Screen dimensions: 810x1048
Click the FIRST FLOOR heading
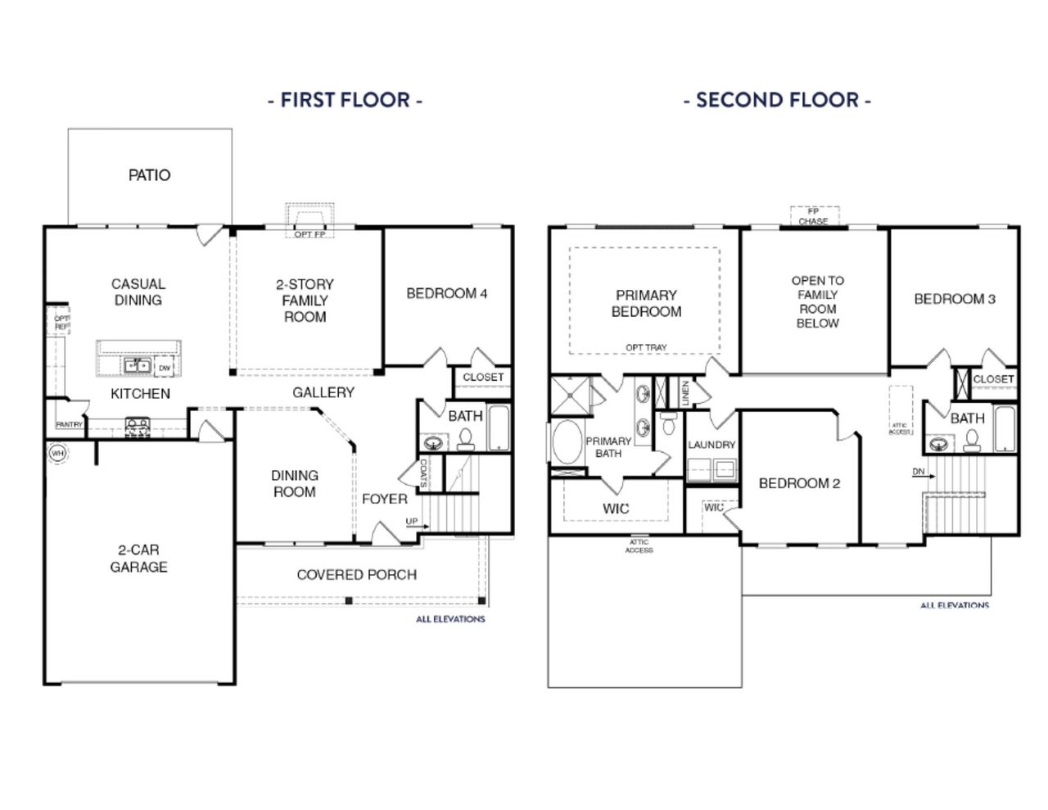pos(345,100)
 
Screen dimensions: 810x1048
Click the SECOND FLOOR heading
pos(777,100)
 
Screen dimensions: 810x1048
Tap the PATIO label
pos(149,174)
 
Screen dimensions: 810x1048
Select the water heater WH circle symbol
pos(57,452)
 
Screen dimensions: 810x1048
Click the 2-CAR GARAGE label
pos(138,558)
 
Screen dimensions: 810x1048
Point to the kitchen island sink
pos(136,365)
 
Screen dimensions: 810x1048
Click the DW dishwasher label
pos(165,369)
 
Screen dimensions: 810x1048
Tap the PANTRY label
pos(69,424)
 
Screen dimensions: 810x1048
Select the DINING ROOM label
pos(294,483)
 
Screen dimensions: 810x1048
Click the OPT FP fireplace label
pos(309,234)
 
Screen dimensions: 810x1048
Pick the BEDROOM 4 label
pos(447,293)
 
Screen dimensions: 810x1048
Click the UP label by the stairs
pos(411,522)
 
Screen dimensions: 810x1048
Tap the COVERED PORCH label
pos(356,575)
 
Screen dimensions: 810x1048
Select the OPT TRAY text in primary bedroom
pos(646,347)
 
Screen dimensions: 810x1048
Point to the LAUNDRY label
pos(711,445)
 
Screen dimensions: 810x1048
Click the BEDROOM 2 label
pos(799,483)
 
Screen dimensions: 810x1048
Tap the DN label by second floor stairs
pos(919,473)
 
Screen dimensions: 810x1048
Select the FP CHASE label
pos(813,216)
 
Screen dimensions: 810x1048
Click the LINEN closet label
pos(685,392)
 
